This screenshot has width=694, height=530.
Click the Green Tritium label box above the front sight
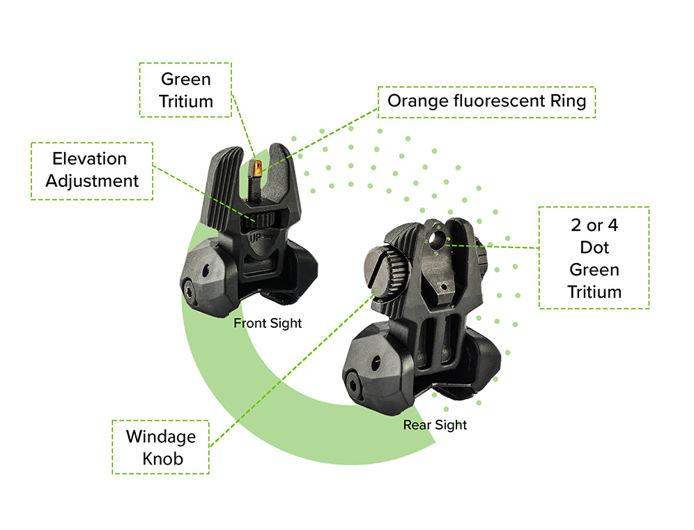(x=185, y=90)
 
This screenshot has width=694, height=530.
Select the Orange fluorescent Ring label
(x=486, y=101)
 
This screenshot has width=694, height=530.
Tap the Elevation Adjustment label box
(x=91, y=170)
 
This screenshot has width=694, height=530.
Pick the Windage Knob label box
(x=160, y=447)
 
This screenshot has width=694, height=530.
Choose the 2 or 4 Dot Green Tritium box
(x=594, y=257)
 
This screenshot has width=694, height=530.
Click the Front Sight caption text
(x=268, y=324)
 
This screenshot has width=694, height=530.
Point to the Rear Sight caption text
(x=435, y=425)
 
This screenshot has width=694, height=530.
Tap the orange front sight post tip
(x=256, y=167)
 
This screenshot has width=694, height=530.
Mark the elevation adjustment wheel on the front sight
(x=262, y=220)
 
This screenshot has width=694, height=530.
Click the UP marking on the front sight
(x=256, y=238)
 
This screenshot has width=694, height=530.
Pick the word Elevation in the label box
(x=89, y=159)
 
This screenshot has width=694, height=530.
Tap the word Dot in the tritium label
(x=594, y=247)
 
